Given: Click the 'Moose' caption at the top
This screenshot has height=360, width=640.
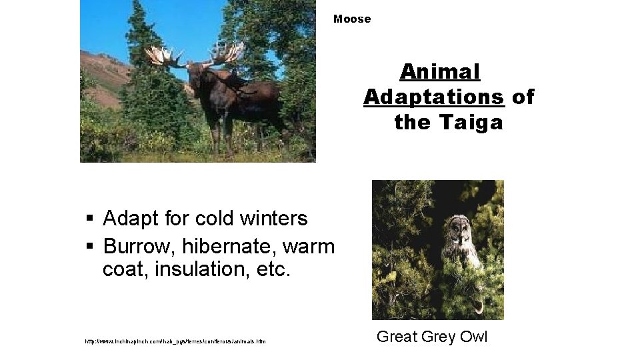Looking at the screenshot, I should coord(352,19).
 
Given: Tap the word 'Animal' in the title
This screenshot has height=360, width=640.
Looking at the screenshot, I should coord(440,71).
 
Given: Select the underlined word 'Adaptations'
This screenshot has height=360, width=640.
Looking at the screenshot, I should coord(434,97).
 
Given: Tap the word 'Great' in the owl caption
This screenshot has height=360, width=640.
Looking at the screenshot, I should coord(395,337).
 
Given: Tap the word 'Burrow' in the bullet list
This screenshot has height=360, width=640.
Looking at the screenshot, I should coord(135,247).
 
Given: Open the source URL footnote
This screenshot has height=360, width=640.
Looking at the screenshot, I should coord(175,342).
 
